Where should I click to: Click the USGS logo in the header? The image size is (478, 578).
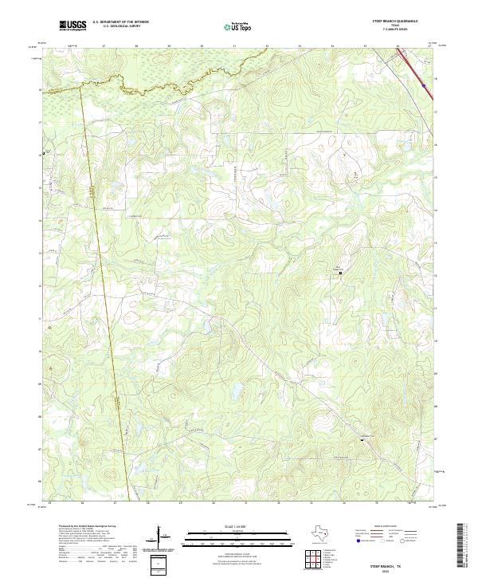click(x=72, y=26)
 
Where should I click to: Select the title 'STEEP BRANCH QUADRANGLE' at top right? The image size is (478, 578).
click(x=406, y=22)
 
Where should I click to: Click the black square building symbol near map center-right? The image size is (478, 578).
click(x=342, y=273)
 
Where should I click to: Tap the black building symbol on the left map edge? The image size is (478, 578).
click(x=44, y=154)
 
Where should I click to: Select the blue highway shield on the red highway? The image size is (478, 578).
click(x=424, y=85)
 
